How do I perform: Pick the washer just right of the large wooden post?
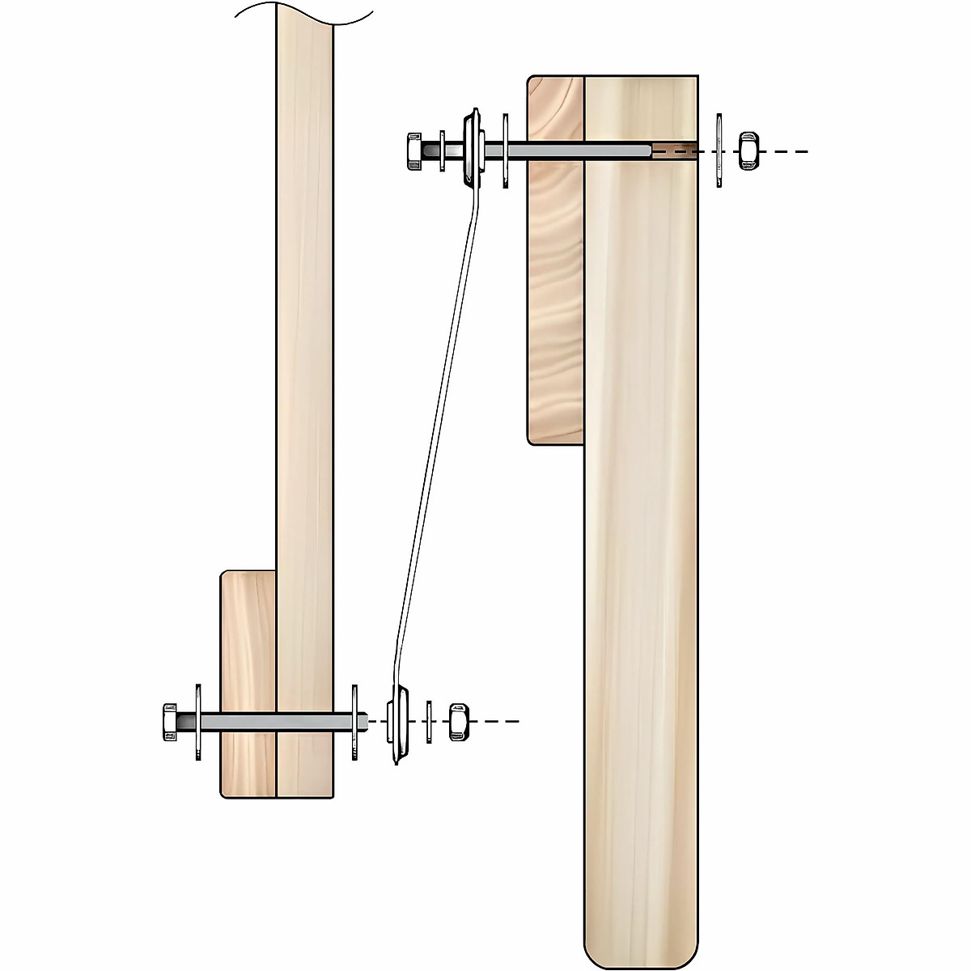pos(719,151)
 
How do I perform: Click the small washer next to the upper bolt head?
pos(443,151)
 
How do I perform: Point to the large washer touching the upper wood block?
pos(506,151)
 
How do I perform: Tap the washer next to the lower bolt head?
pos(197,722)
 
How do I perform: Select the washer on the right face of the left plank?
pos(354,722)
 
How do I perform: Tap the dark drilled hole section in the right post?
pos(673,150)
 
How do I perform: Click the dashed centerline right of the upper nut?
pos(785,151)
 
